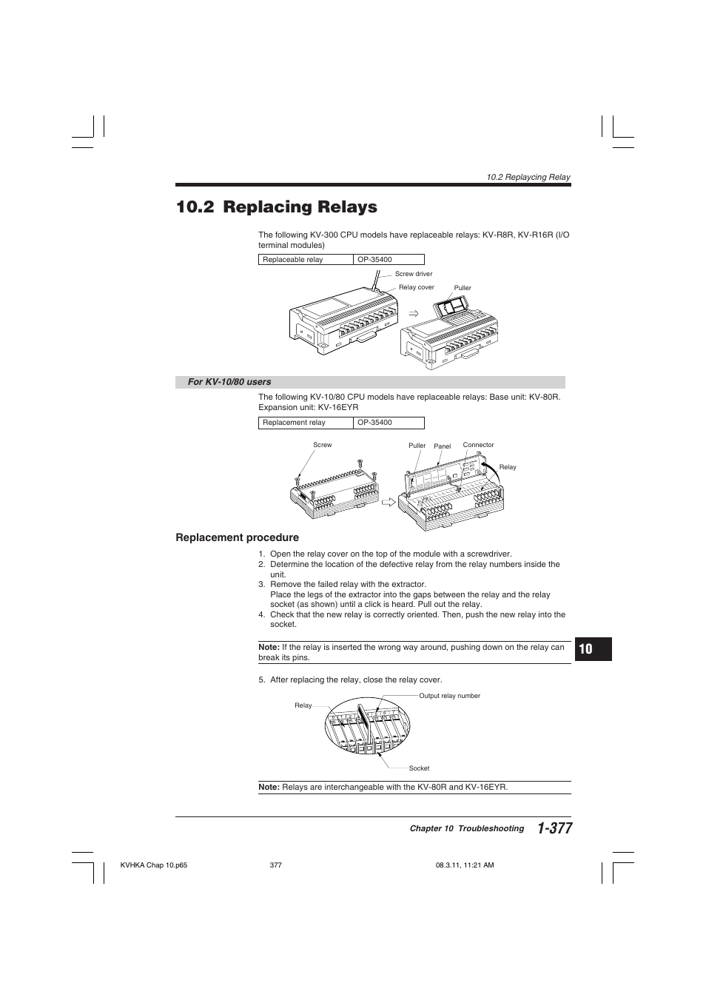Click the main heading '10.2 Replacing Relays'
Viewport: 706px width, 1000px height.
click(276, 207)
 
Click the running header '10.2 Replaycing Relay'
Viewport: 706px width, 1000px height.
click(528, 177)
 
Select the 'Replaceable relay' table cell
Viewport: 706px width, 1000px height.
click(306, 260)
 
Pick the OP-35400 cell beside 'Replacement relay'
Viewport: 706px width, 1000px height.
click(389, 423)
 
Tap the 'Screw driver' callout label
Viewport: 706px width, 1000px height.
click(413, 274)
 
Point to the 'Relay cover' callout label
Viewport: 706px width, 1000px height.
click(416, 287)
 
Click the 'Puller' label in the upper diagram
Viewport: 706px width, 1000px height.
click(463, 288)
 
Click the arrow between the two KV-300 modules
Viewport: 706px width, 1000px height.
click(414, 314)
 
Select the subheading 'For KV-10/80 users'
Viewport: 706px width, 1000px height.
click(229, 382)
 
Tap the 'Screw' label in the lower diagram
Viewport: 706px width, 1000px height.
click(322, 445)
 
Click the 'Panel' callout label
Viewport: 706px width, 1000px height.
click(442, 446)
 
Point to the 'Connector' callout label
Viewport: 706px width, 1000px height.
click(478, 445)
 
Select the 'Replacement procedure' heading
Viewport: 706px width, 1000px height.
click(237, 537)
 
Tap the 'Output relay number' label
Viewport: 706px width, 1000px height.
click(449, 696)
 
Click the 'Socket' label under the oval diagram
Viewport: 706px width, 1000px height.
click(419, 768)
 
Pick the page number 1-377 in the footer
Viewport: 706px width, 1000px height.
click(554, 829)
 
